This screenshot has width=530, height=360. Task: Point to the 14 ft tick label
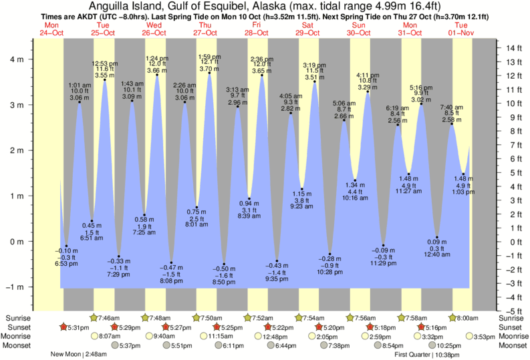pos(514,48)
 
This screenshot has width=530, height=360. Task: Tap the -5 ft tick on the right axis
pos(513,311)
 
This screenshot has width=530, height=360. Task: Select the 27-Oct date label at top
pos(205,33)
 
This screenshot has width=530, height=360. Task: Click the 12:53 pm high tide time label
pos(105,63)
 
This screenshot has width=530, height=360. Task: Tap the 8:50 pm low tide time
pos(225,283)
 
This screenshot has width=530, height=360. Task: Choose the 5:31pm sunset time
pos(78,327)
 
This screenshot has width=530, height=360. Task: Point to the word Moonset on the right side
pos(511,346)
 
